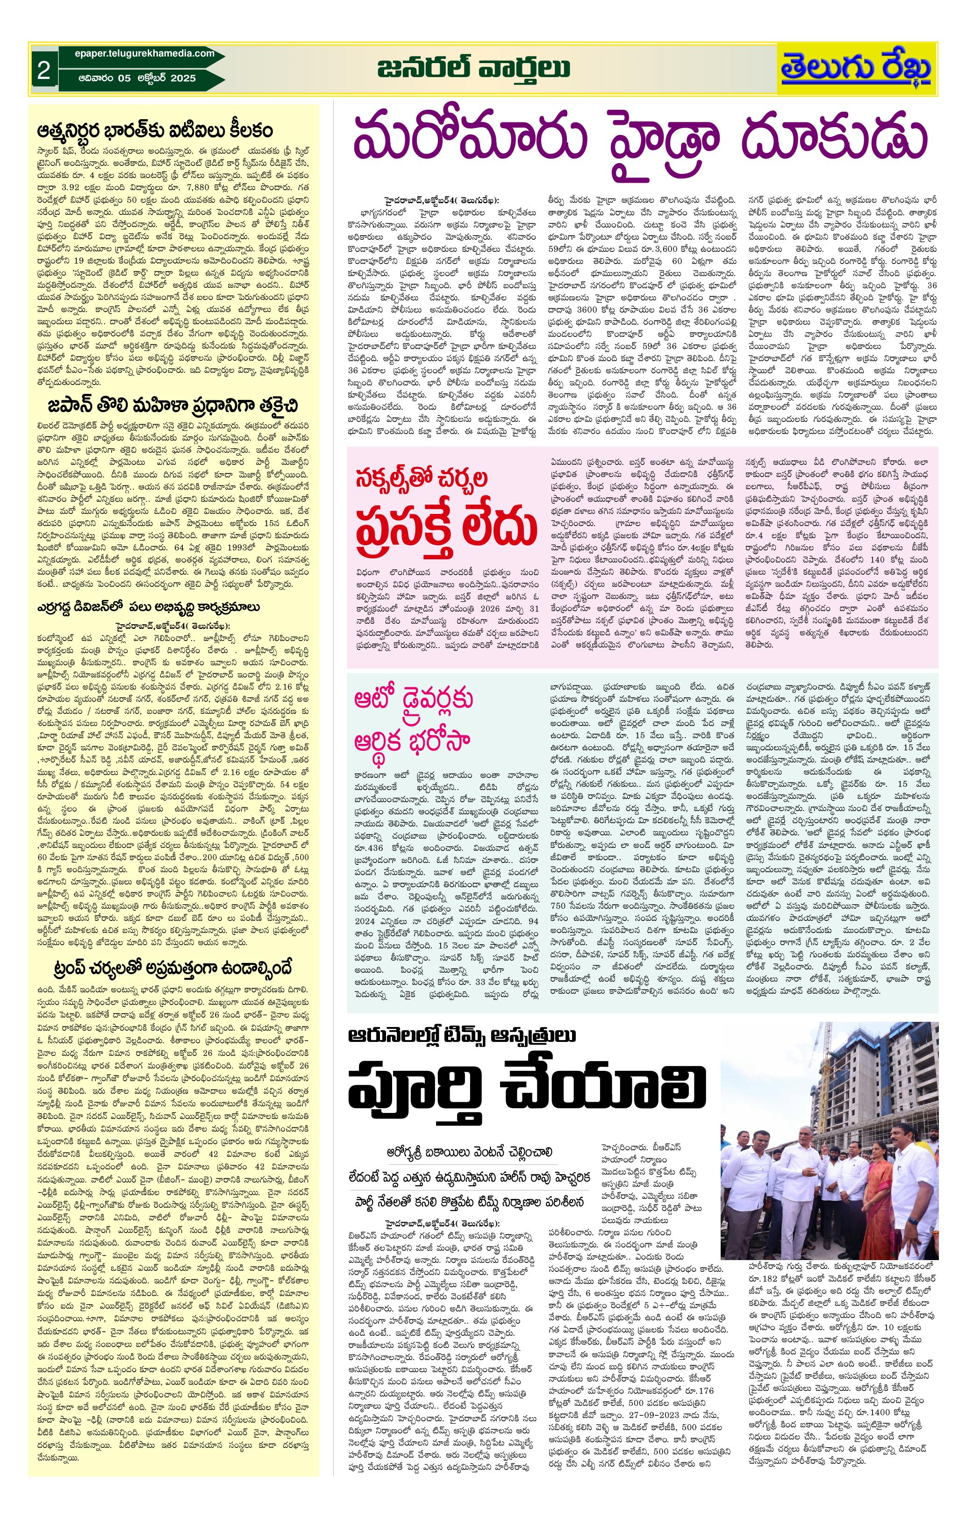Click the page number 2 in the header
tap(43, 71)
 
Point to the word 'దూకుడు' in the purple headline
tap(836, 137)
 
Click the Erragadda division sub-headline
tap(148, 606)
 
